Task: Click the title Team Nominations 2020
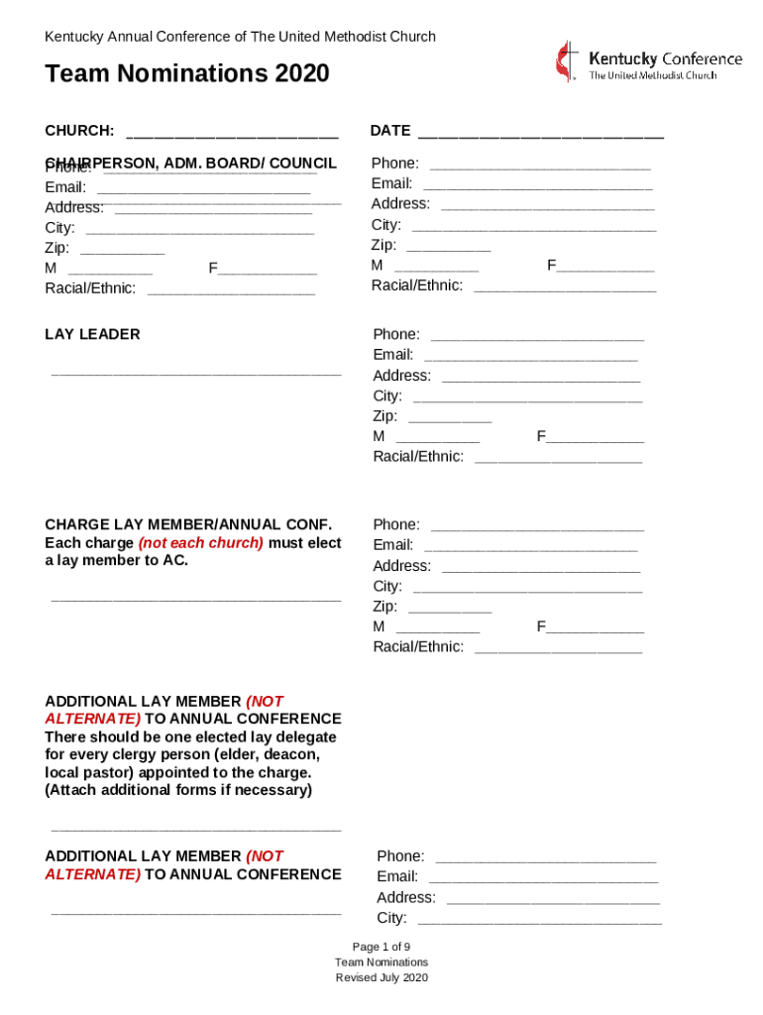point(186,74)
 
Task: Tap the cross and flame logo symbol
point(565,61)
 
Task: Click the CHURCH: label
point(79,131)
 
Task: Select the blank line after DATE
point(540,132)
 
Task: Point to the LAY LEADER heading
point(92,334)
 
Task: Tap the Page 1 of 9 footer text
point(381,946)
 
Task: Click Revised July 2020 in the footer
point(381,978)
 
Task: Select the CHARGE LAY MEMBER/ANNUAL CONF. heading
point(188,524)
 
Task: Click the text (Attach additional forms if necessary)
point(178,790)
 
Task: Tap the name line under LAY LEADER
point(195,374)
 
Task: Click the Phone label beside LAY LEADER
point(395,334)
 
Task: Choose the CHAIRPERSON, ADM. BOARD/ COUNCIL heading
point(190,164)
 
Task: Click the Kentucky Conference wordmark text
point(665,58)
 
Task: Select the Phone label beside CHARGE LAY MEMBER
point(395,524)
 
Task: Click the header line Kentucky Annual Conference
point(240,37)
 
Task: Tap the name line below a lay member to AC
point(195,598)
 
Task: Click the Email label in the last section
point(396,876)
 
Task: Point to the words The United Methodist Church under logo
point(652,75)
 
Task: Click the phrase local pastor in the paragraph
point(89,772)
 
